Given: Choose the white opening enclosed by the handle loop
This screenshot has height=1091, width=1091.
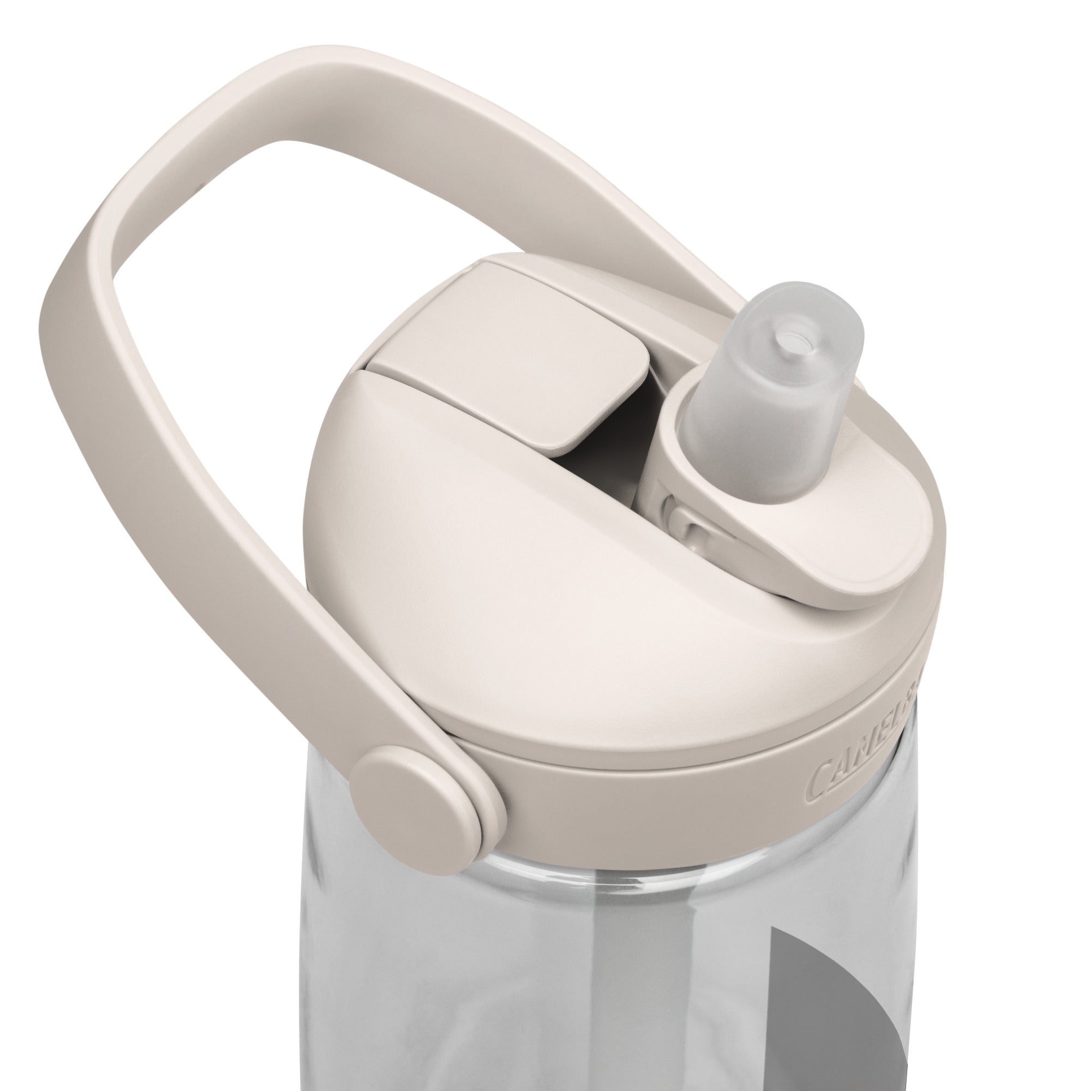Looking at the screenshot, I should coord(283,283).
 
